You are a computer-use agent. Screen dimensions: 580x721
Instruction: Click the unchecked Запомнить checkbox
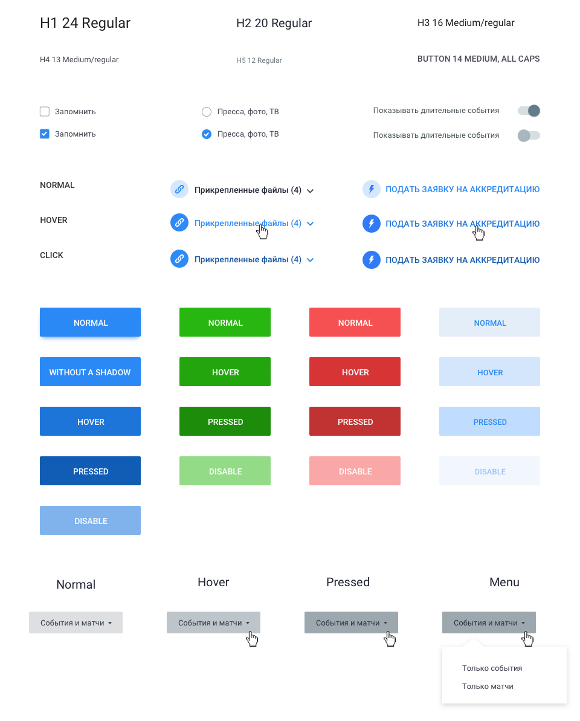45,111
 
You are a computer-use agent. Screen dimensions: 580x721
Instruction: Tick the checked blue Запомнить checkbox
45,134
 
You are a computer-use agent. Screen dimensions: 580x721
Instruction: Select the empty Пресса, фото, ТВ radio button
207,112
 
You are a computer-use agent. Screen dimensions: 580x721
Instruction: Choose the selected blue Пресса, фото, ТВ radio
207,134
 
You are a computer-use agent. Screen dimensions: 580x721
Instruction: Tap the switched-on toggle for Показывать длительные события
529,111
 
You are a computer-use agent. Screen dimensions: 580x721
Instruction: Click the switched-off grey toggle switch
529,135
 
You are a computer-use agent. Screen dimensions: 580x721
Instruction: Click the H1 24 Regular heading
85,23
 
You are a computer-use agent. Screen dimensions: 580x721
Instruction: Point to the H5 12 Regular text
259,60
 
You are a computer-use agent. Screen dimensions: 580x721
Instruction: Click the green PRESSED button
225,421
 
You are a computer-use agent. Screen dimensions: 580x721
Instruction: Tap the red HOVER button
355,372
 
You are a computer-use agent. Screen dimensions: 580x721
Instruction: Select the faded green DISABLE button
225,471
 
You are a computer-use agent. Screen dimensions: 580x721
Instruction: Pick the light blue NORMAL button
489,322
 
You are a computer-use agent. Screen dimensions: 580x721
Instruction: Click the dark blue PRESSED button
90,471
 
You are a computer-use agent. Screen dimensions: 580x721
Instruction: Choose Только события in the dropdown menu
492,668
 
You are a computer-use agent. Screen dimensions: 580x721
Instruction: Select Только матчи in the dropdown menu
488,686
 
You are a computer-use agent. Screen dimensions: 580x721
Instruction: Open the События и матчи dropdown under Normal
76,622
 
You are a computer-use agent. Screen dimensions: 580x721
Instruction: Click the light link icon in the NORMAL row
179,189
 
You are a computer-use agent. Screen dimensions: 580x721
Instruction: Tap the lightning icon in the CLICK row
372,260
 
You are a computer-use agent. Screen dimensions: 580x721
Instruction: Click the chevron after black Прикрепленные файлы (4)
310,191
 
